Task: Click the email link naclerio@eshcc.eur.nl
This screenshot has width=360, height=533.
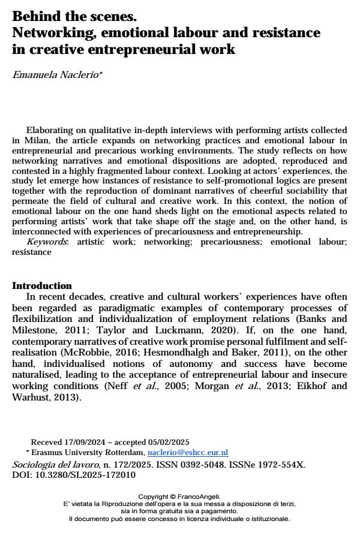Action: click(x=188, y=452)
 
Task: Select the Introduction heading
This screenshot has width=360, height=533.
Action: click(x=42, y=286)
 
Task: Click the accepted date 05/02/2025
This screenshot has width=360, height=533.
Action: click(x=168, y=442)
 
